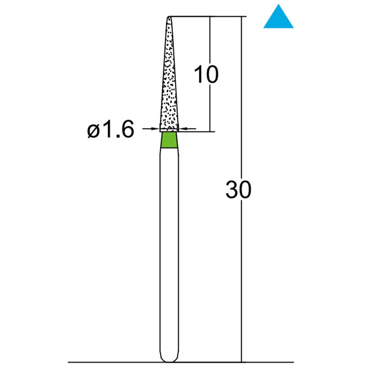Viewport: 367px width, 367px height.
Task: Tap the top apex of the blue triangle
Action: coord(278,6)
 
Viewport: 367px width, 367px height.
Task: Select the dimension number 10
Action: coord(206,74)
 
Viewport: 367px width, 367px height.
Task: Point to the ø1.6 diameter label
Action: coord(111,131)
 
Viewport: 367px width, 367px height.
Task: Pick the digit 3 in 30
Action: coord(232,189)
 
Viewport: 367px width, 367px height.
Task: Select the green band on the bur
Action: coord(169,141)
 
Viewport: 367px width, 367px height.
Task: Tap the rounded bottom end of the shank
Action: coord(169,359)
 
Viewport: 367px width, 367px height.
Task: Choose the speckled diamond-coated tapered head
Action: coord(169,83)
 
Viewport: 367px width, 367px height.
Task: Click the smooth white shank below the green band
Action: coord(169,252)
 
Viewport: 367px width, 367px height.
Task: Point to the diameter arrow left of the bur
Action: coord(151,130)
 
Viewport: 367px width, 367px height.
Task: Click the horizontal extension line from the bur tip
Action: coord(206,17)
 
